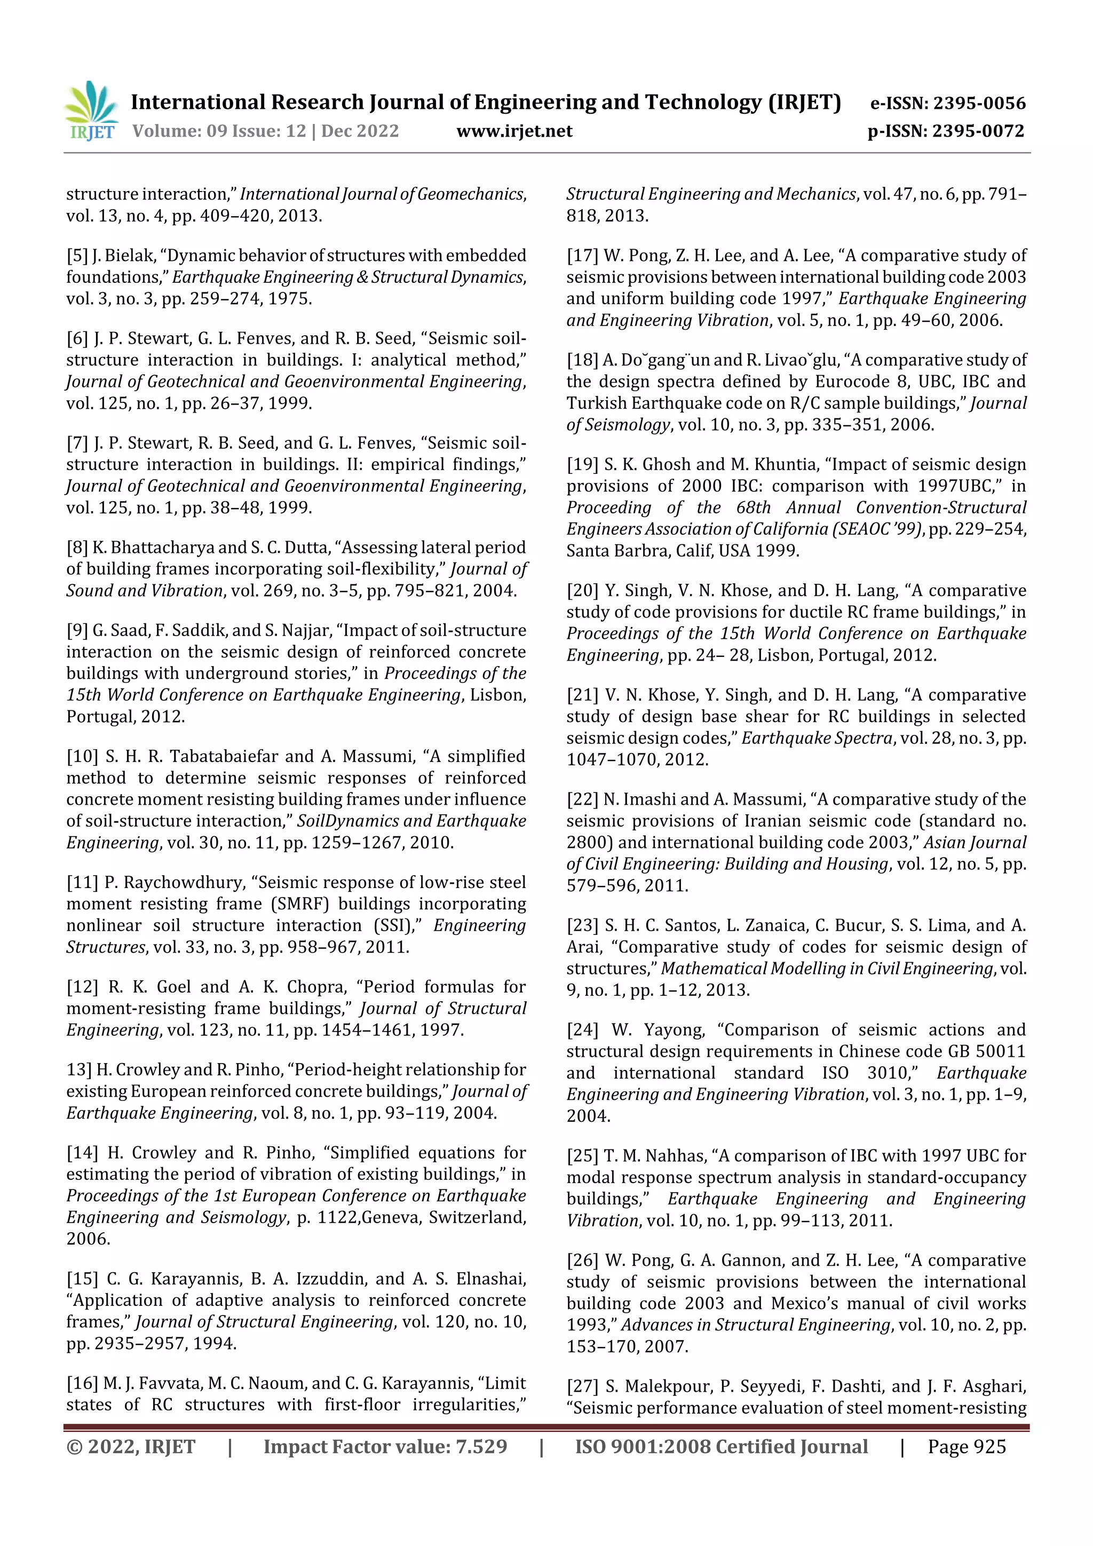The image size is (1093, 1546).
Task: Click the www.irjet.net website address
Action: [x=514, y=131]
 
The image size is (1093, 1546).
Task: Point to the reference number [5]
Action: [x=77, y=256]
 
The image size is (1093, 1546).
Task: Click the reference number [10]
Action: [x=82, y=756]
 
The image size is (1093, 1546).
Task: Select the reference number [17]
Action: [x=582, y=256]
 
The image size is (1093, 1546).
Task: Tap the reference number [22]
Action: [x=582, y=799]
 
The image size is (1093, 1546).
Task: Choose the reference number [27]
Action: [x=582, y=1386]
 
